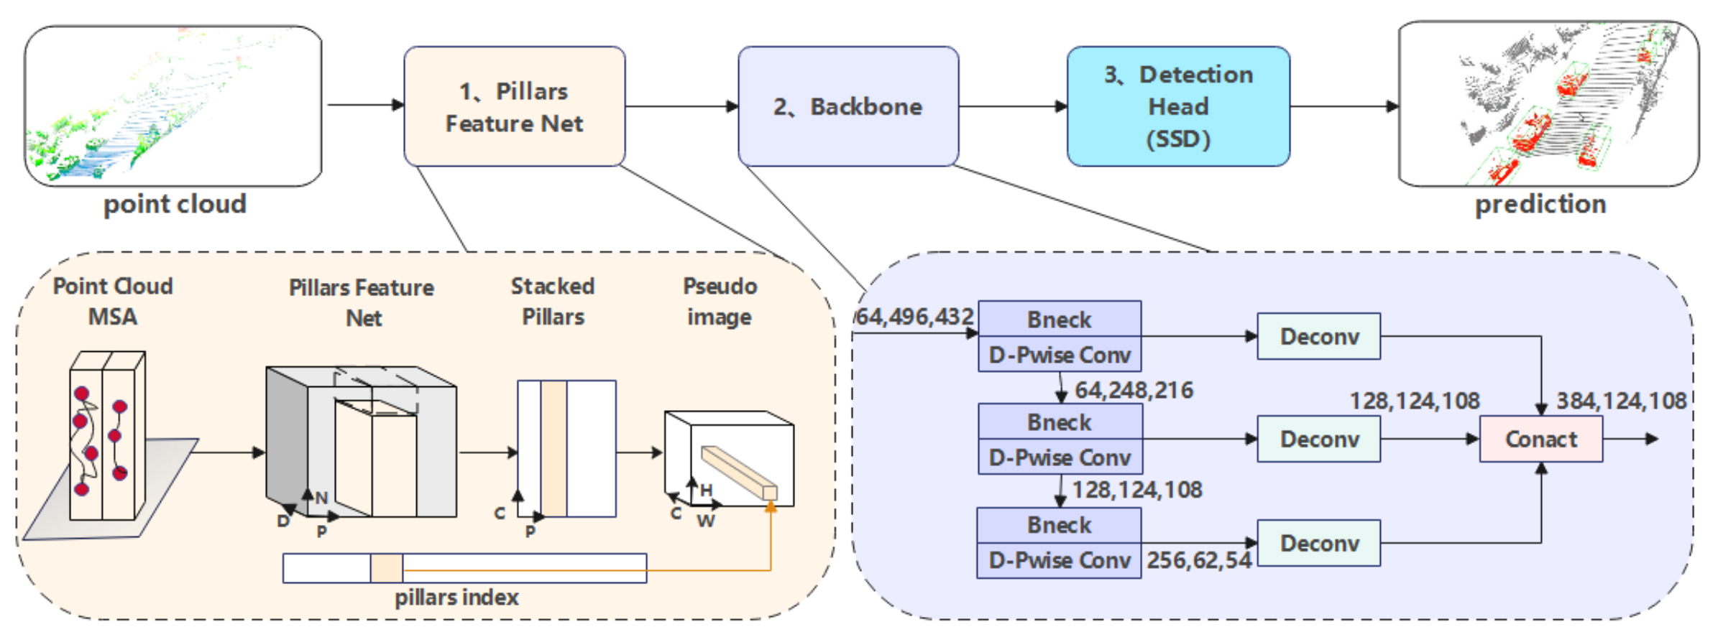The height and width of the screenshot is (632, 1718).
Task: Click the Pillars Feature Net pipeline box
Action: tap(514, 106)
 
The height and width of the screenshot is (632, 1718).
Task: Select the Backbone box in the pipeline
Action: tap(848, 106)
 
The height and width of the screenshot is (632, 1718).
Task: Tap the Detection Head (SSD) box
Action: tap(1178, 106)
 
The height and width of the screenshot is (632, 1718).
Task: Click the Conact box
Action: tap(1540, 439)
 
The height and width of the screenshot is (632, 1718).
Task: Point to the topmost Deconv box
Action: tap(1318, 336)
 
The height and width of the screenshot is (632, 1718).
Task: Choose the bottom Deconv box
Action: tap(1318, 543)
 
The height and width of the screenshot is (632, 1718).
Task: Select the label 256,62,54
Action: tap(1199, 560)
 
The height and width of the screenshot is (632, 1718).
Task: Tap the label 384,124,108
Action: tap(1621, 401)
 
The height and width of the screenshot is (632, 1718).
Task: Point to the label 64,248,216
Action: tap(1134, 390)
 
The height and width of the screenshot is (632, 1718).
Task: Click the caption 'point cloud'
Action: tap(175, 204)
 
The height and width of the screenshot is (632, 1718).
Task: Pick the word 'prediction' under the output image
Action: tap(1540, 204)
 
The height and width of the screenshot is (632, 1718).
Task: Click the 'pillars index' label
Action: tap(456, 598)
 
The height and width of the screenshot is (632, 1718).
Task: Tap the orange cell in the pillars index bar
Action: tap(387, 568)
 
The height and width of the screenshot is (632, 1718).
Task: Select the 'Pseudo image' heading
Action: tap(720, 302)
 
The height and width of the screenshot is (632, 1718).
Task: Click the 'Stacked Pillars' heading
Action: tap(553, 302)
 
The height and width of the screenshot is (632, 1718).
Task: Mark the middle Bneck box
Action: tap(1060, 422)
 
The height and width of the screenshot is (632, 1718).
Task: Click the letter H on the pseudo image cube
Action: tap(707, 491)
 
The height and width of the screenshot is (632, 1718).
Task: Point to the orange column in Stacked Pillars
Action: tap(553, 448)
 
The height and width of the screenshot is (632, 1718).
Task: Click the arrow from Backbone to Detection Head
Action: tap(1012, 106)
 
